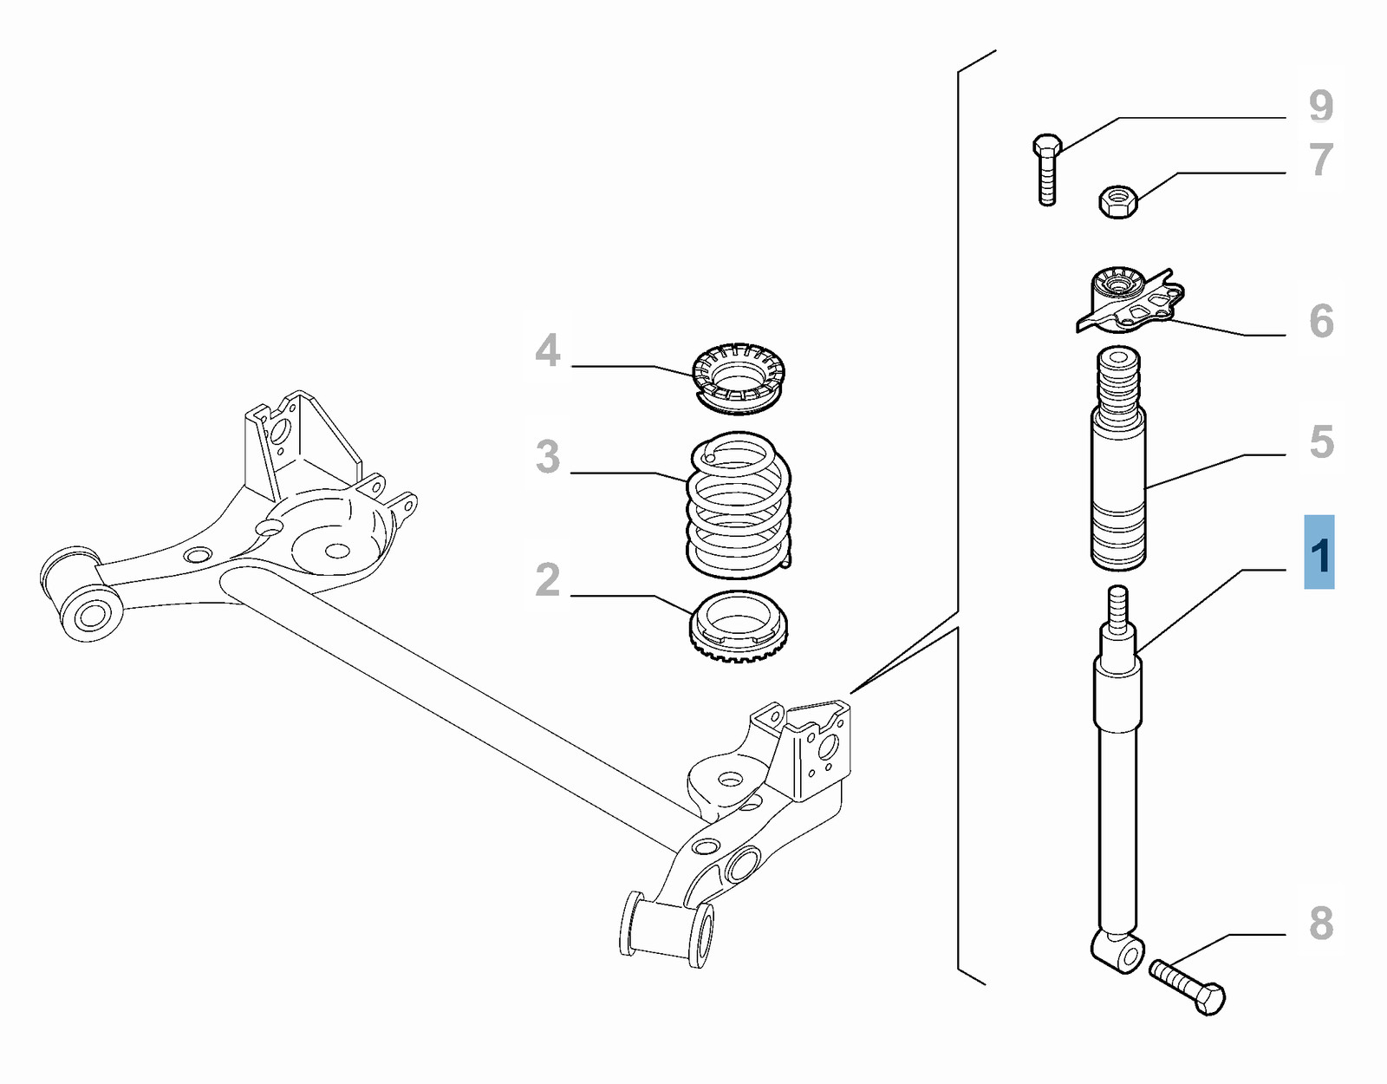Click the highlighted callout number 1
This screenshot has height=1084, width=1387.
click(x=1319, y=554)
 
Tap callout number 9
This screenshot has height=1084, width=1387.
click(x=1320, y=106)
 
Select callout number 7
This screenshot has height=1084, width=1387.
click(x=1320, y=160)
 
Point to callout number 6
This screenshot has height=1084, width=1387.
click(x=1320, y=321)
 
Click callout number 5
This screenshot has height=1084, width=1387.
click(x=1320, y=442)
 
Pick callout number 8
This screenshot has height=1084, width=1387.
click(x=1320, y=924)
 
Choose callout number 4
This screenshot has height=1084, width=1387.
click(x=548, y=350)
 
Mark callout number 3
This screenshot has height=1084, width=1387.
click(x=548, y=457)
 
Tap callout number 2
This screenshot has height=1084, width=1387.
click(x=548, y=580)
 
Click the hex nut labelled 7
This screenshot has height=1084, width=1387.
click(x=1118, y=201)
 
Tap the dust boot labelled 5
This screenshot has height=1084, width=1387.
click(x=1118, y=460)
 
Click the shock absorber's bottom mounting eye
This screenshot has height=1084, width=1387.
click(x=1127, y=953)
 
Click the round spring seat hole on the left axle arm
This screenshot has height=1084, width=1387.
click(x=337, y=550)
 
